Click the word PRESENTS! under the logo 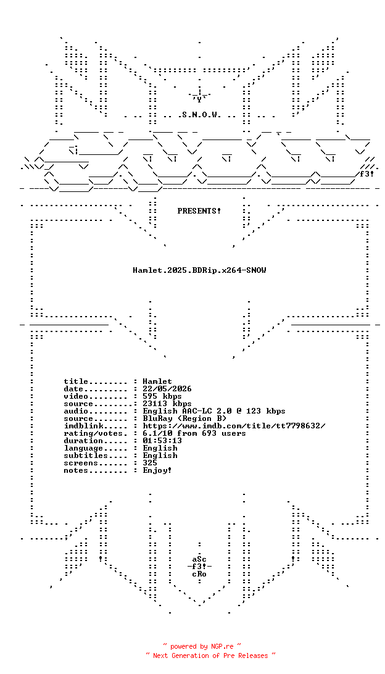pyautogui.click(x=199, y=211)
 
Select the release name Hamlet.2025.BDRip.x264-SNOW pyautogui.click(x=199, y=270)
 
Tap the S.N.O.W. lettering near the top pyautogui.click(x=199, y=115)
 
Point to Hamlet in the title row pyautogui.click(x=157, y=381)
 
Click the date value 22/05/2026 pyautogui.click(x=167, y=389)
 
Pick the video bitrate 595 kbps pyautogui.click(x=162, y=396)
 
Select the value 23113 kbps pyautogui.click(x=167, y=404)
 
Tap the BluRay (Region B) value pyautogui.click(x=184, y=418)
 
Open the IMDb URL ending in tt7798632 pyautogui.click(x=234, y=426)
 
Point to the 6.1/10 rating pyautogui.click(x=157, y=433)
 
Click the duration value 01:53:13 pyautogui.click(x=162, y=441)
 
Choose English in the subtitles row pyautogui.click(x=160, y=456)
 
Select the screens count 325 pyautogui.click(x=150, y=463)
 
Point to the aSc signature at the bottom pyautogui.click(x=199, y=559)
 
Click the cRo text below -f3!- pyautogui.click(x=199, y=574)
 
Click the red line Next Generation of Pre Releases pyautogui.click(x=210, y=655)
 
